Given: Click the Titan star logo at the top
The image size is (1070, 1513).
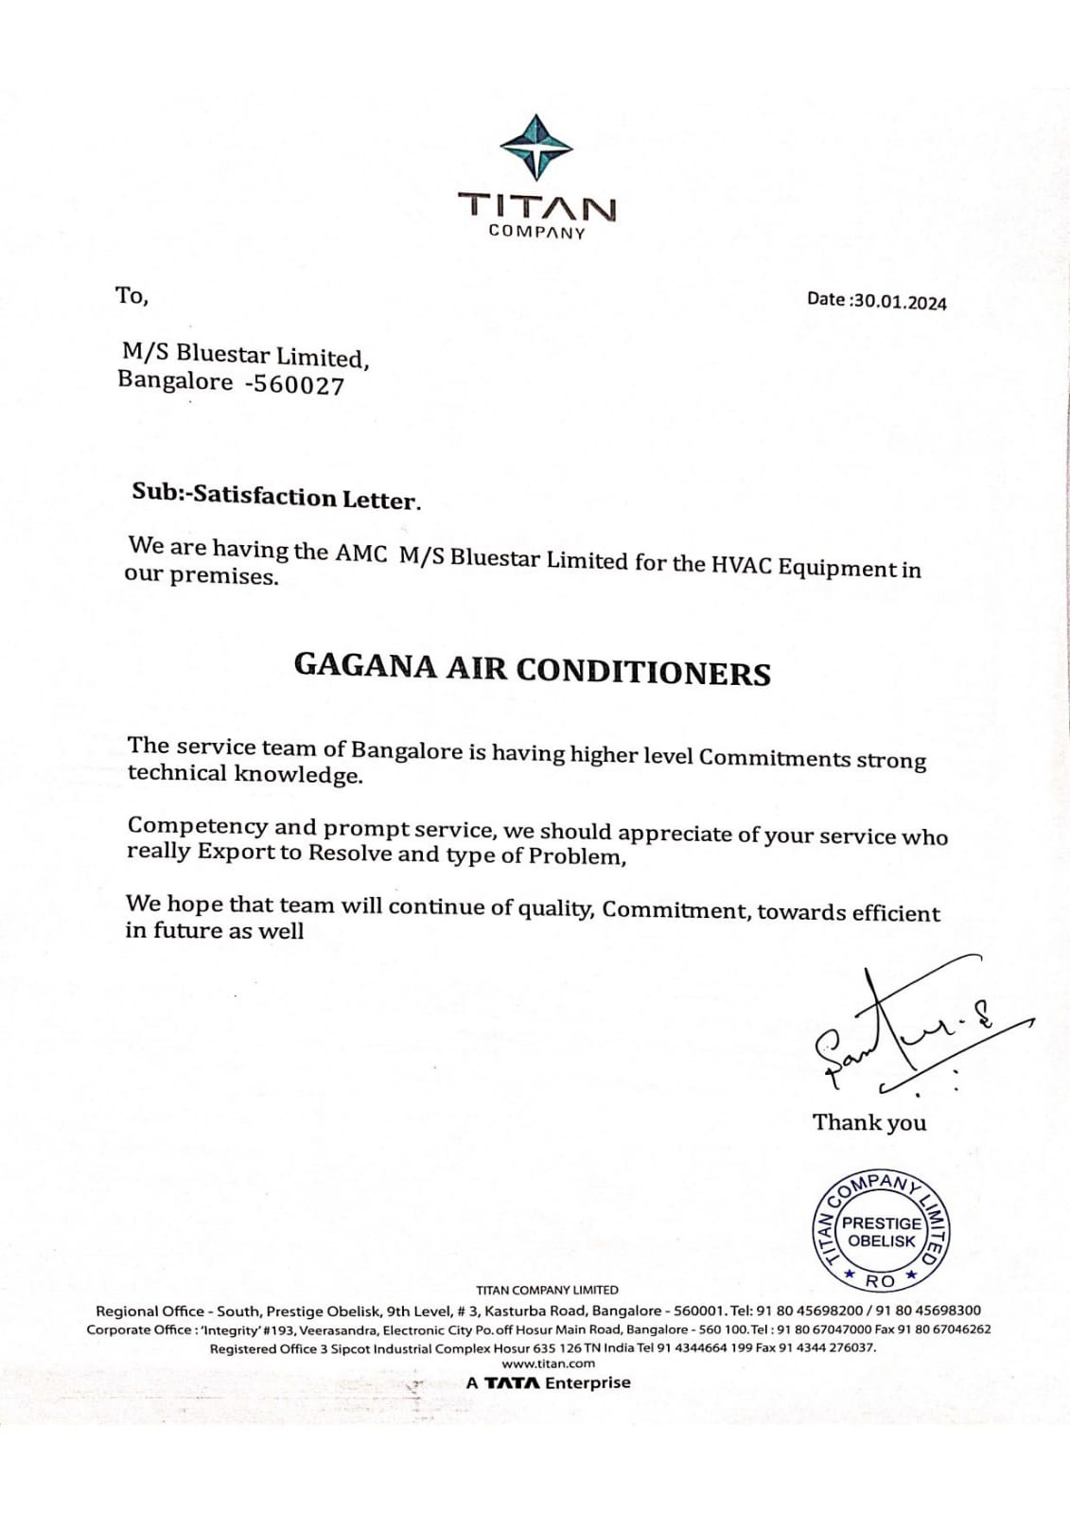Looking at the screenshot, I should [536, 146].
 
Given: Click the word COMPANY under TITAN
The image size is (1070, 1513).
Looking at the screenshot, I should [536, 232].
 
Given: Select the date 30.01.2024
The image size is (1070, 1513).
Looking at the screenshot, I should [899, 302].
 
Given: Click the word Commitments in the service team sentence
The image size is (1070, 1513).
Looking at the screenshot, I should [775, 758].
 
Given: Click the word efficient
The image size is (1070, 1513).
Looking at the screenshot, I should [895, 913].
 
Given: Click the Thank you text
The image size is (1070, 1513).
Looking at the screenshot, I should [868, 1122].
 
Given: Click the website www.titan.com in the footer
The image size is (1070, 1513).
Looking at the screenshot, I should [548, 1363].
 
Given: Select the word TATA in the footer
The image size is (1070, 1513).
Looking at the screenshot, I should [513, 1383].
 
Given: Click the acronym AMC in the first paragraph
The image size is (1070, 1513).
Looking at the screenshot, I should [360, 554].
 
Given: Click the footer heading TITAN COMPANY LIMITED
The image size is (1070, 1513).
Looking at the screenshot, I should [547, 1290].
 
